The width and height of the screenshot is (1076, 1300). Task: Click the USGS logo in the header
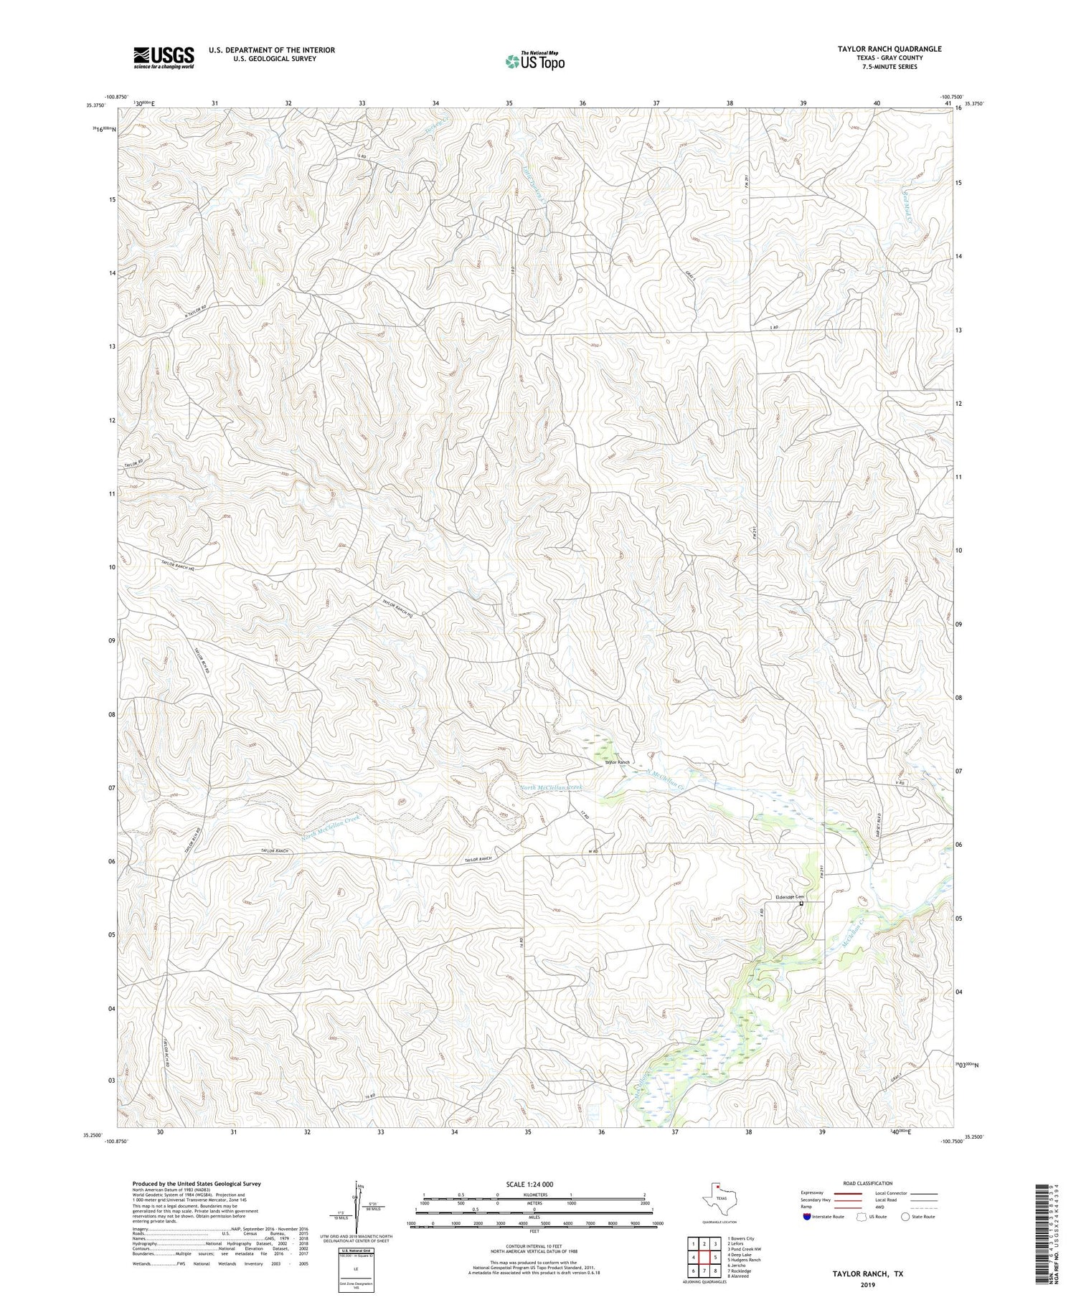(164, 57)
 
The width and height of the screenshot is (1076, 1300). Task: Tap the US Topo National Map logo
(534, 60)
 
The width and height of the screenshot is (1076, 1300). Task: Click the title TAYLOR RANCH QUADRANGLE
(879, 49)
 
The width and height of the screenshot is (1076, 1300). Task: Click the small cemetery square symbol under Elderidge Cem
(801, 903)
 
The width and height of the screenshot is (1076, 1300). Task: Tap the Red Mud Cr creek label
(907, 204)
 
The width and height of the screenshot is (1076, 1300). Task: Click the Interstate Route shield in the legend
(808, 1217)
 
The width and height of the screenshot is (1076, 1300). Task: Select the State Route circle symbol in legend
(905, 1217)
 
